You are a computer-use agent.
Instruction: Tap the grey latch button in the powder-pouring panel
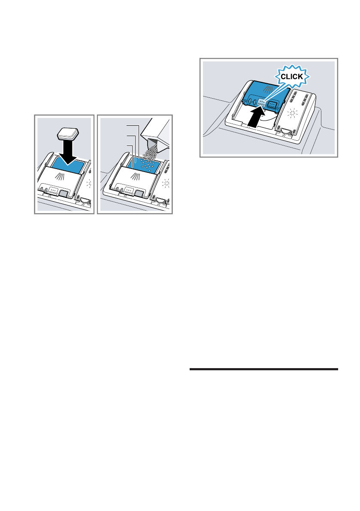pos(139,194)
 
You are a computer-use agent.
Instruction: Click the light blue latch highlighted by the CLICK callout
pos(261,103)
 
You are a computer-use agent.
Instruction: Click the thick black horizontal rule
pos(263,369)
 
